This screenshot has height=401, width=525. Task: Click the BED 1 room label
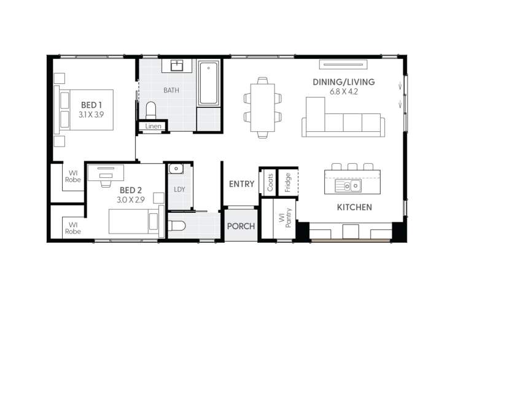point(91,105)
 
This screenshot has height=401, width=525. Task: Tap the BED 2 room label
point(131,190)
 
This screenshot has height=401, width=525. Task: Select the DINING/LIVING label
point(343,82)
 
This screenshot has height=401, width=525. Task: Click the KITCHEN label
point(354,207)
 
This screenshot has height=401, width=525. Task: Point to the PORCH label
point(241,226)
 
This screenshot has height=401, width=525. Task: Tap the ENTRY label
point(241,184)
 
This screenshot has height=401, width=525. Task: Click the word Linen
point(154,127)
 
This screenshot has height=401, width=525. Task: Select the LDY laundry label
point(179,189)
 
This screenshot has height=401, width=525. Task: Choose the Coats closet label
point(270,181)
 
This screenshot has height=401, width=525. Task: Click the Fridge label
point(287,182)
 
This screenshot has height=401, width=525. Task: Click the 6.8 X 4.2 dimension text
point(343,92)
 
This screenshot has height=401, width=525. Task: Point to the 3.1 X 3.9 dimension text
point(91,115)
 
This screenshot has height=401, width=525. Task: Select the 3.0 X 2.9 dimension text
point(130,200)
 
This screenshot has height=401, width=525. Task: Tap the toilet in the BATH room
point(151,110)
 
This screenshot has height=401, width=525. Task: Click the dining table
point(263,107)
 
